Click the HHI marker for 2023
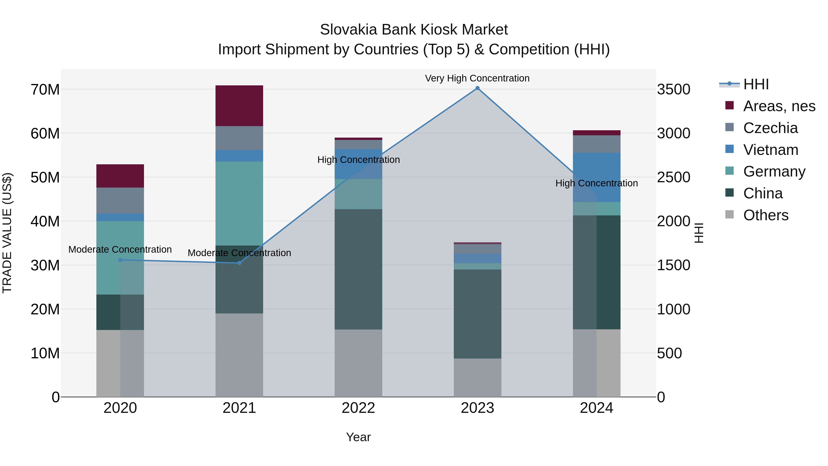tap(477, 88)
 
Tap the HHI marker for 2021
tap(239, 263)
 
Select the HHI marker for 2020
tap(120, 260)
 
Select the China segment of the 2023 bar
tap(477, 314)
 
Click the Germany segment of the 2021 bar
tap(239, 203)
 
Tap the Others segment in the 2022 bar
tap(358, 363)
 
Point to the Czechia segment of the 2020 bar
tap(120, 200)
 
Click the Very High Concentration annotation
tap(477, 78)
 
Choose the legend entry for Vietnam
tap(770, 150)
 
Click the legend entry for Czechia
tap(770, 128)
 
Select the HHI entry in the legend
tap(756, 84)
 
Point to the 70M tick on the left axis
tap(45, 90)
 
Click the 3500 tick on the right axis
tap(673, 90)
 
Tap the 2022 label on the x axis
tap(358, 408)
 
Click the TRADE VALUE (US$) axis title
tap(7, 233)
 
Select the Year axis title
tap(358, 437)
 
